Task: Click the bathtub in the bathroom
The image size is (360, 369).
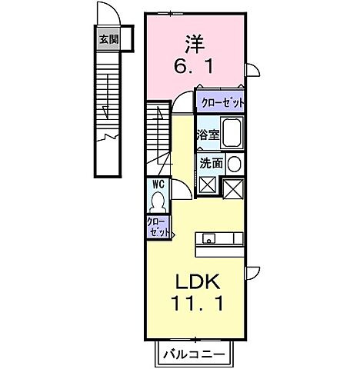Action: [232, 135]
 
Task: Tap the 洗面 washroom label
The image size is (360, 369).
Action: [212, 163]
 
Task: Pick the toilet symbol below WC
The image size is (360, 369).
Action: [157, 202]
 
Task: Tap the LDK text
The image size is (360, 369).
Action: [195, 278]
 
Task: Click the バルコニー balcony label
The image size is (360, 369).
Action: [195, 356]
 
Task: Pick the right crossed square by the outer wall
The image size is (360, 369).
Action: [234, 186]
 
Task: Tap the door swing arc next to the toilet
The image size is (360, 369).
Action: [179, 191]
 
